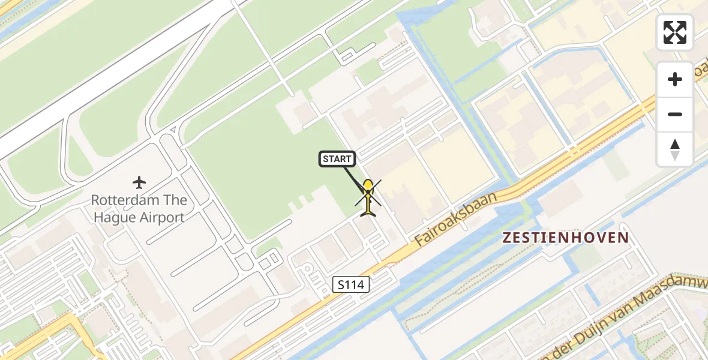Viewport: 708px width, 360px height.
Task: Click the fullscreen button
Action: (x=675, y=32)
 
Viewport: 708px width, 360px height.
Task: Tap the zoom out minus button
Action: (x=675, y=114)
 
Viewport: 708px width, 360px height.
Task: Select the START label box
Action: (x=337, y=159)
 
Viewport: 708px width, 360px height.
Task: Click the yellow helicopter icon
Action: (x=368, y=197)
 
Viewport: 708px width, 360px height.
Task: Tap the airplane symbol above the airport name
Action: (x=139, y=182)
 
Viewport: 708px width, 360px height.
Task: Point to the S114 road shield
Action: (x=351, y=284)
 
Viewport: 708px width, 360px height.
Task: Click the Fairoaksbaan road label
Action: (x=456, y=218)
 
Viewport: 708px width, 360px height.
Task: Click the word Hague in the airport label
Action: (x=112, y=217)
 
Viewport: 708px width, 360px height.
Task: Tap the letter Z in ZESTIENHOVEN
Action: (x=507, y=238)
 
